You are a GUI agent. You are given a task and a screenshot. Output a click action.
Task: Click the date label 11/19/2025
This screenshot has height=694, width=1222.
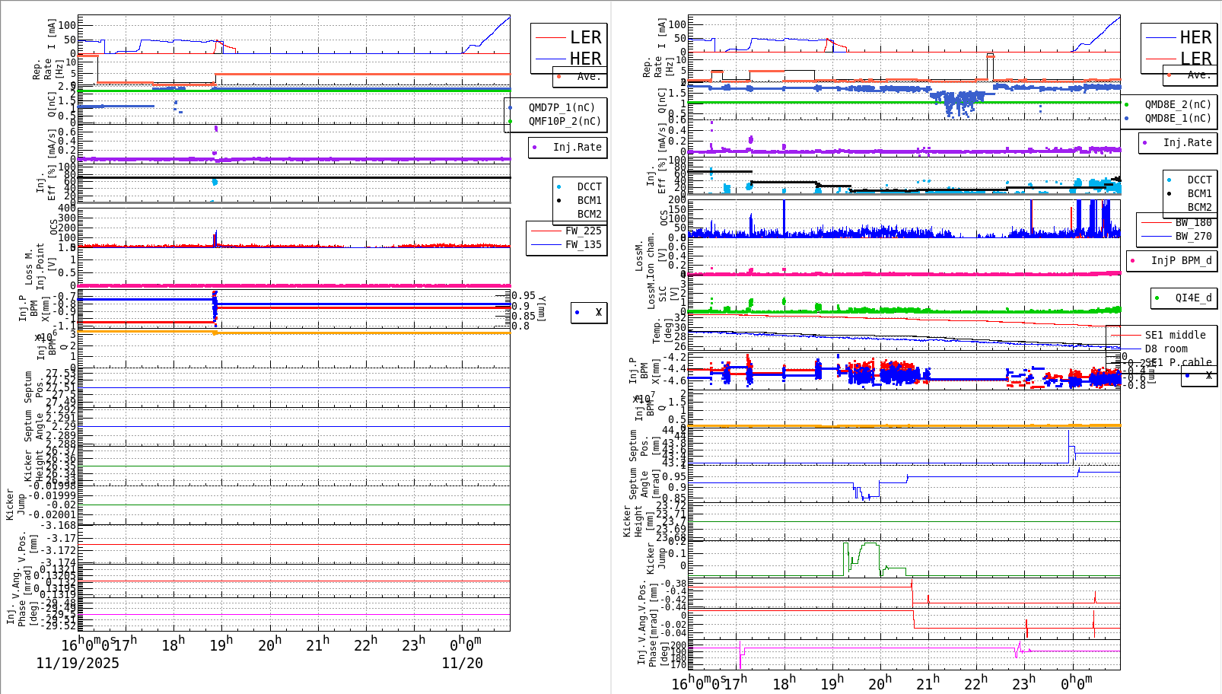(78, 663)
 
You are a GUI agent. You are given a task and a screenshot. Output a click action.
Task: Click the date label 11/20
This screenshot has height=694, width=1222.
(462, 663)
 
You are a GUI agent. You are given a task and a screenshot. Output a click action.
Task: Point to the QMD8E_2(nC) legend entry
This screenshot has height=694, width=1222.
(1177, 104)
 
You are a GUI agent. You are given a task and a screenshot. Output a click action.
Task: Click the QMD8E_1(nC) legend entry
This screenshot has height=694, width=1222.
(1177, 118)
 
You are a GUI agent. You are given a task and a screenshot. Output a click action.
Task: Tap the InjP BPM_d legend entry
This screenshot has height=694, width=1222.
(1180, 260)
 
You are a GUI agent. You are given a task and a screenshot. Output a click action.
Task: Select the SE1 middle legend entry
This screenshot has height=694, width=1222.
(1175, 335)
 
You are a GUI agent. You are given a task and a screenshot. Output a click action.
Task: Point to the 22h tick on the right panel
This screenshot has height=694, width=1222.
(975, 683)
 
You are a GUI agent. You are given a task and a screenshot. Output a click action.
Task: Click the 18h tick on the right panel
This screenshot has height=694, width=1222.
(783, 683)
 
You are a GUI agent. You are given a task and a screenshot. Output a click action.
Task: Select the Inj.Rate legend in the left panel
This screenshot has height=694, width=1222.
(576, 147)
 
